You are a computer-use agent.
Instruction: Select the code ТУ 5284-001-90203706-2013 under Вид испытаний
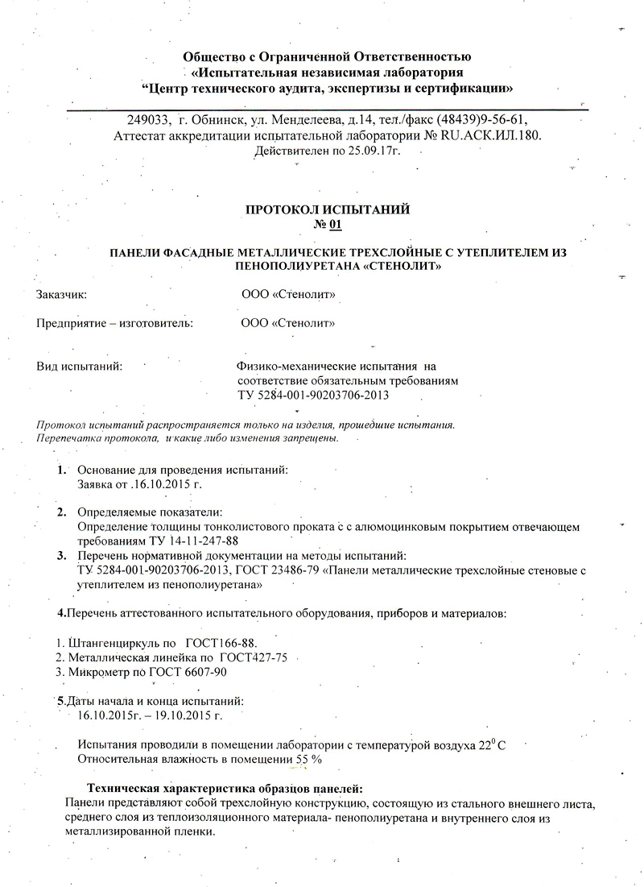[x=317, y=395]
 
